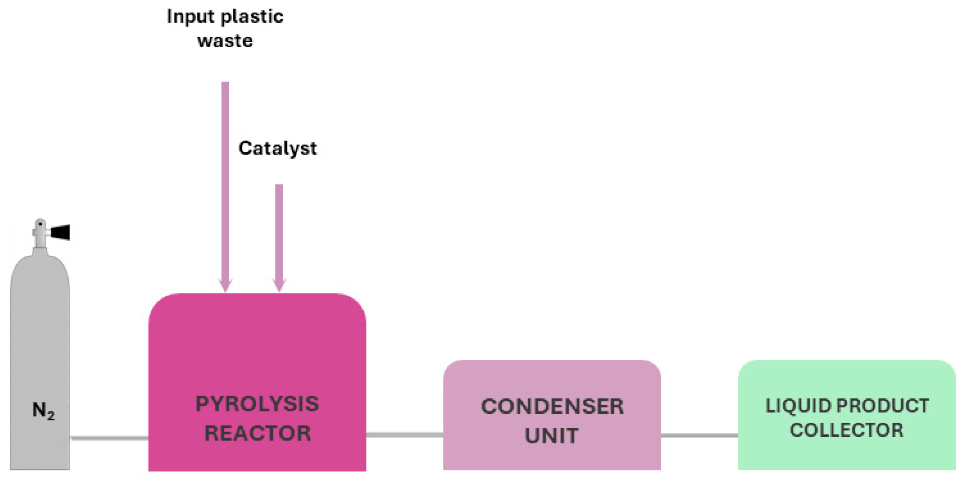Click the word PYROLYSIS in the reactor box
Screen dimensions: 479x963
[x=257, y=404]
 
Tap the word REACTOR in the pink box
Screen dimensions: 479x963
[x=257, y=433]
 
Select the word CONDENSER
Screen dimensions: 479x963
[x=552, y=406]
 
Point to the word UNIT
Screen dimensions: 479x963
[x=551, y=435]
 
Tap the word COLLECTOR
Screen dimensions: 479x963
[x=846, y=430]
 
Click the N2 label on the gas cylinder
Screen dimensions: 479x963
[x=43, y=411]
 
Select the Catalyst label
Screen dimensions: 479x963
[x=277, y=149]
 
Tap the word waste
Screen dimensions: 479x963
[x=225, y=41]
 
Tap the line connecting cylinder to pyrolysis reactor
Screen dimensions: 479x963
[x=109, y=438]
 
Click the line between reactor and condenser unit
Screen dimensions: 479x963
[x=404, y=435]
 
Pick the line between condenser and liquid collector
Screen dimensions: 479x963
[x=699, y=435]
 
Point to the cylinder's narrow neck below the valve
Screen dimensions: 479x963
[x=40, y=242]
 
